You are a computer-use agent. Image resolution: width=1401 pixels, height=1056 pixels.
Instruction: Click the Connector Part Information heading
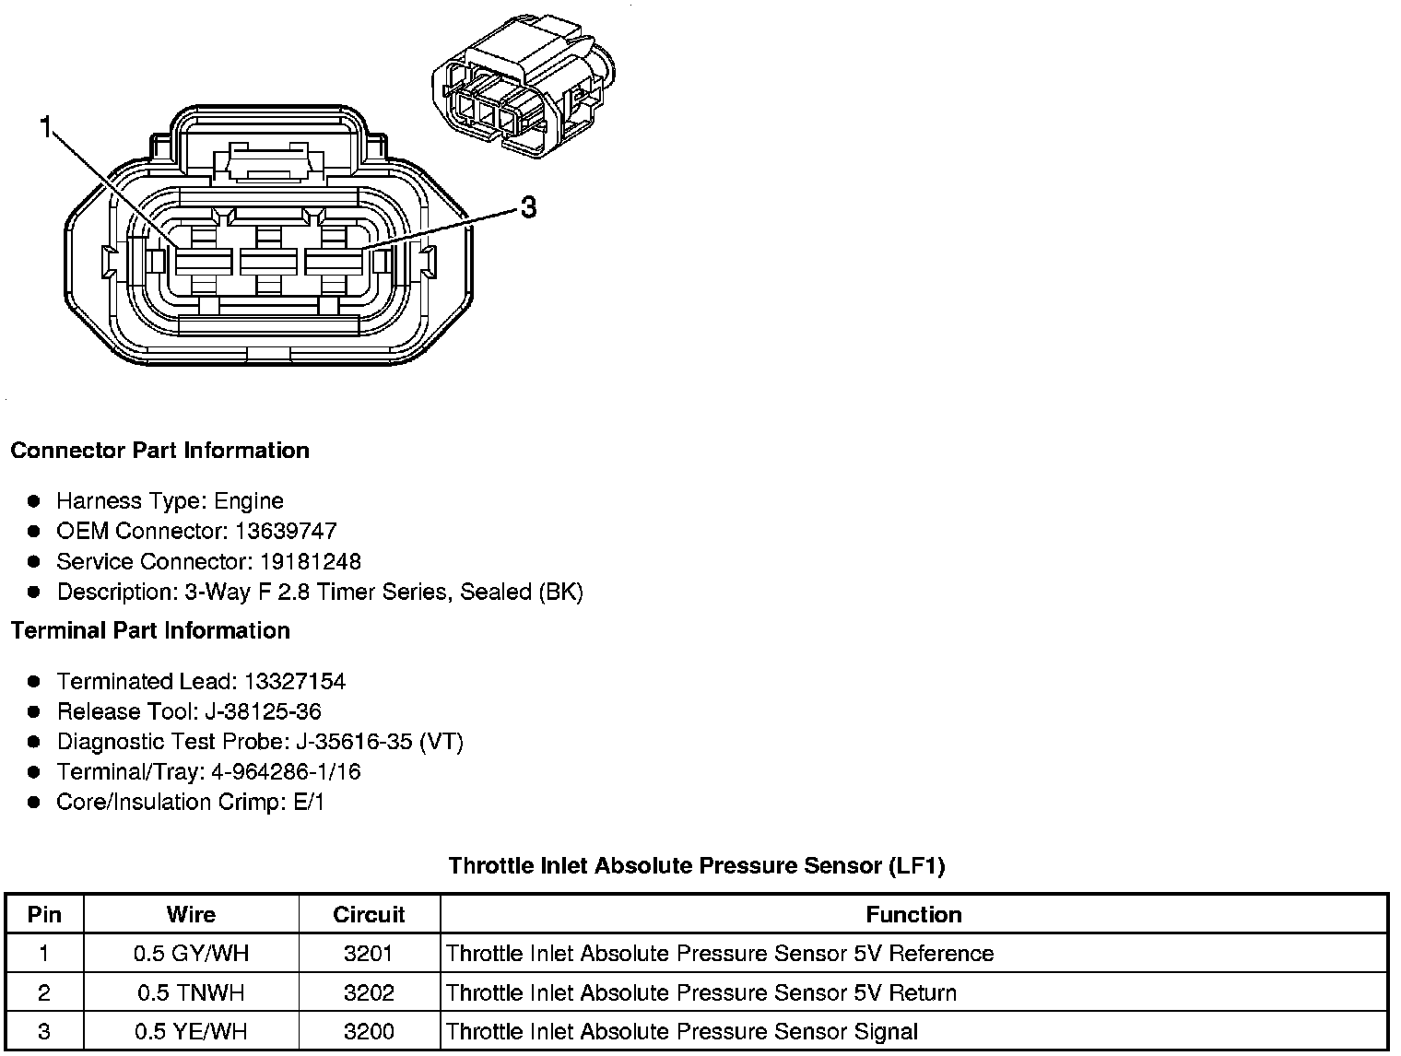coord(159,451)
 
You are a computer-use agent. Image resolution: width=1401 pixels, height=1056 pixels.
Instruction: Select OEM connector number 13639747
coord(286,532)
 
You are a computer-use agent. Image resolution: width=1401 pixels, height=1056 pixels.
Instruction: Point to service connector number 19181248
coord(310,562)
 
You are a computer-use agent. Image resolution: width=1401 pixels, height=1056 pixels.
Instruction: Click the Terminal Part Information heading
coord(150,631)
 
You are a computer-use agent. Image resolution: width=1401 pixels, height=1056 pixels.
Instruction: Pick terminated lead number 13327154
coord(295,682)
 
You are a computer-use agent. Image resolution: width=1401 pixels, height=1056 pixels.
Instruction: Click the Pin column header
coord(44,915)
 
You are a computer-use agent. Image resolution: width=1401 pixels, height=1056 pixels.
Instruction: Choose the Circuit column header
coord(369,915)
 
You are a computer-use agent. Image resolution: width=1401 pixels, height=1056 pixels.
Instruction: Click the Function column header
coord(913,915)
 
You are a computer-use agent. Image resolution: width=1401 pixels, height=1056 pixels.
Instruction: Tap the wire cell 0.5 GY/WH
coord(191,954)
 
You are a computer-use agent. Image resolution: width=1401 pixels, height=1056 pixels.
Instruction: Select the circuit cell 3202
coord(369,993)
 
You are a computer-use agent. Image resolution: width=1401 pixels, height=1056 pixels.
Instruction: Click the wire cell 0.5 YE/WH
coord(191,1032)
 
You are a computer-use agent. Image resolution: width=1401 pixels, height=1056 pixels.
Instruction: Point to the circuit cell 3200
coord(369,1032)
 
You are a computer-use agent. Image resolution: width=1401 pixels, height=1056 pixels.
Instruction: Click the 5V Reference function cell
coord(719,954)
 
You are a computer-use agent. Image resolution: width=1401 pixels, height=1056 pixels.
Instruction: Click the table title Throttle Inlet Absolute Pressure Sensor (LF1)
coord(697,866)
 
